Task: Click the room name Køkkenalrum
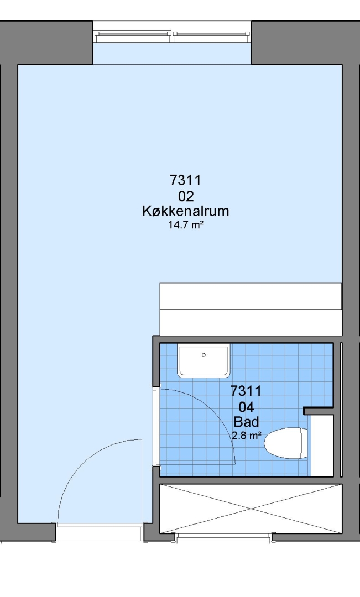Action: [185, 211]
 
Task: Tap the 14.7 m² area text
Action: [185, 224]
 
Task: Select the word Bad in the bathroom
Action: [246, 422]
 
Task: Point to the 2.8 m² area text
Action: [247, 436]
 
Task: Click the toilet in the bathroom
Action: [286, 443]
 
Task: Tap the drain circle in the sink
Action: [204, 355]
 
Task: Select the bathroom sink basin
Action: [204, 360]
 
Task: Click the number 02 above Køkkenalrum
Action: [186, 196]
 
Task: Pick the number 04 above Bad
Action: [246, 407]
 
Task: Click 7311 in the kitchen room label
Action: [185, 180]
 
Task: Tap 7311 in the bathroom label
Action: [246, 391]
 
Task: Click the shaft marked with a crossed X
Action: [251, 509]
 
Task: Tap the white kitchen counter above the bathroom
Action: [251, 309]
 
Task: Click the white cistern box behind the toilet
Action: [322, 446]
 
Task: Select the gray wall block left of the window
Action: [46, 43]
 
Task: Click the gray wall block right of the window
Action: [305, 43]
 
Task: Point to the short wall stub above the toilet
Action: [319, 411]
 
